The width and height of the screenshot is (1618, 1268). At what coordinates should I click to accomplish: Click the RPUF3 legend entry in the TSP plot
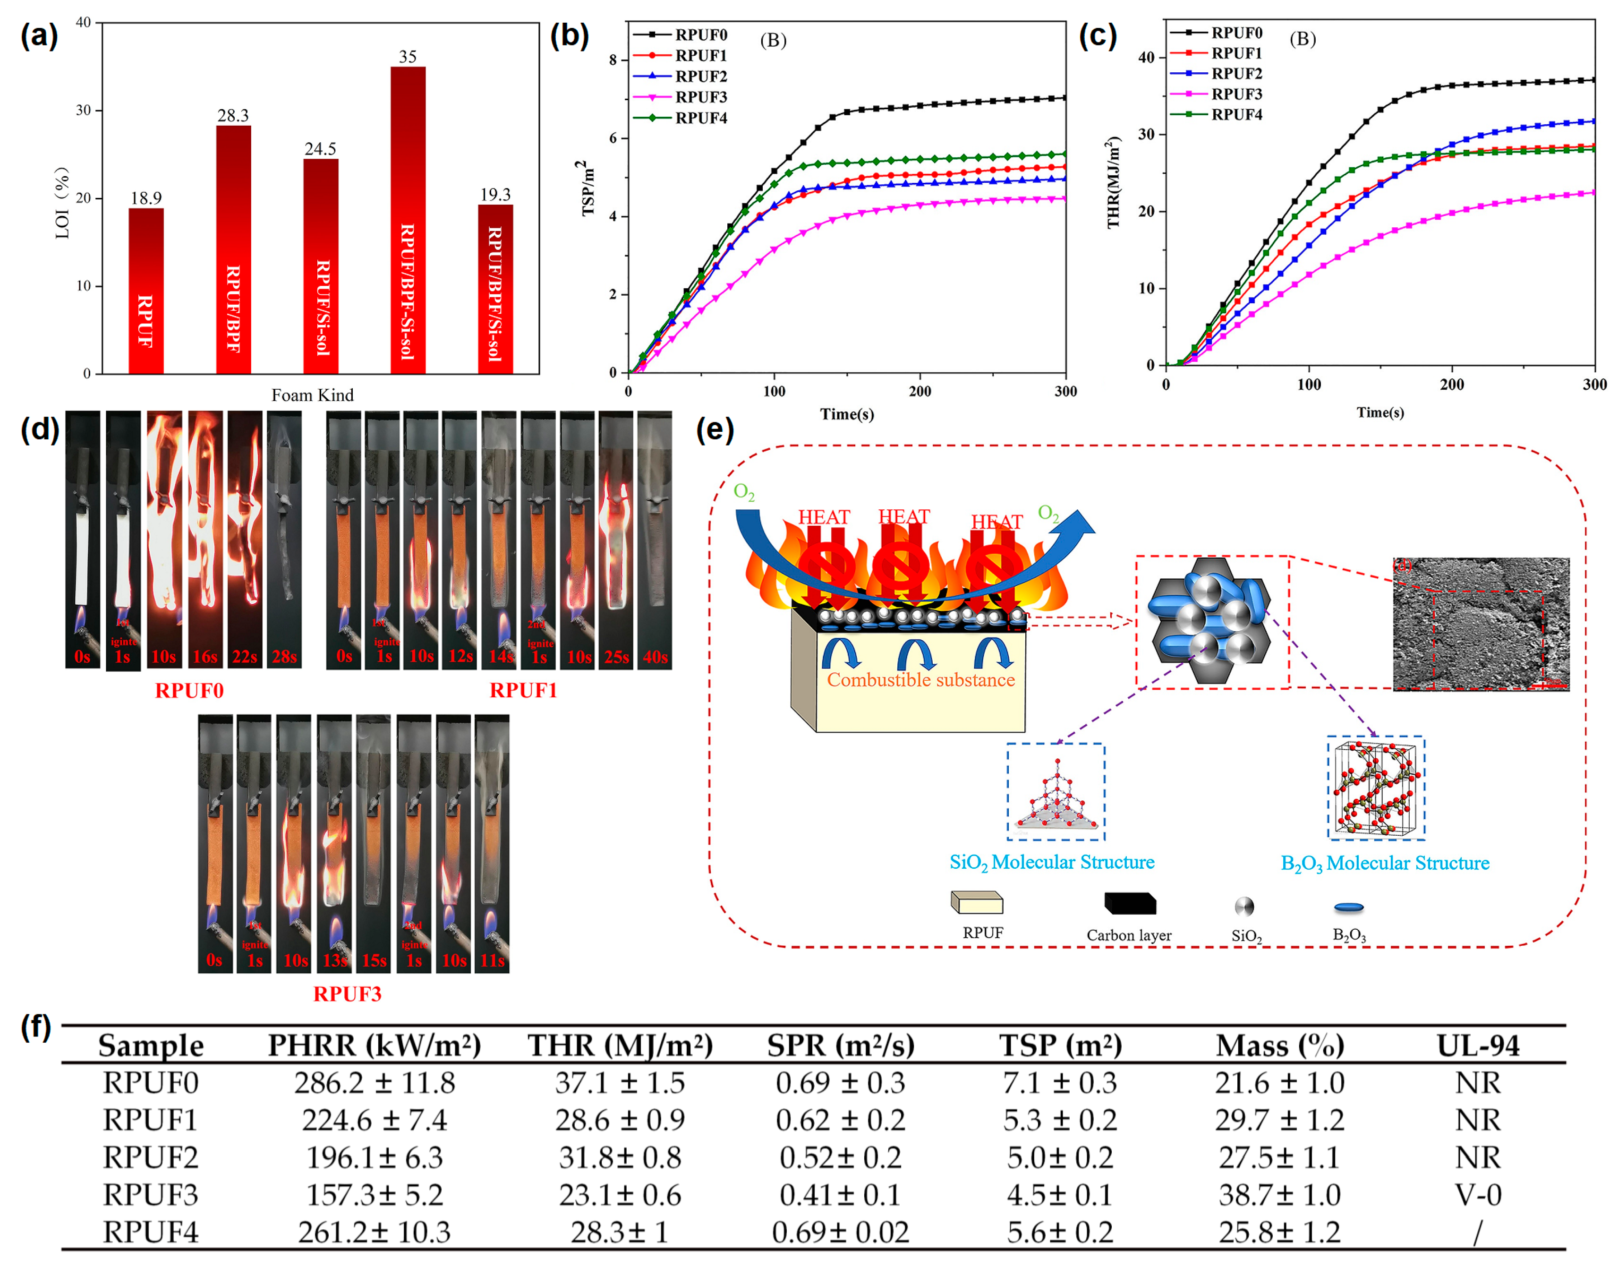[700, 97]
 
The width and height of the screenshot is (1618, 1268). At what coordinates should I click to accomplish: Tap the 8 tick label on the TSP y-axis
[613, 60]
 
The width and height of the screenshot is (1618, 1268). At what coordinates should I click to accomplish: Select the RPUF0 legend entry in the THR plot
[1236, 33]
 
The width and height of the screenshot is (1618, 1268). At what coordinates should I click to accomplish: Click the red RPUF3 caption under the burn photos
[347, 994]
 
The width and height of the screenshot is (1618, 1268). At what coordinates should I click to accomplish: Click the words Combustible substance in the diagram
[920, 679]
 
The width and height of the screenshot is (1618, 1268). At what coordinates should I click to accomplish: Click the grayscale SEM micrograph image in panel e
[1480, 624]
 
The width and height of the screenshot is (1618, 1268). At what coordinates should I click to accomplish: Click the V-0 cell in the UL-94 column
[1478, 1194]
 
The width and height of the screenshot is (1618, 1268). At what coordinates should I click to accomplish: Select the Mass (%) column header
[1279, 1045]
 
